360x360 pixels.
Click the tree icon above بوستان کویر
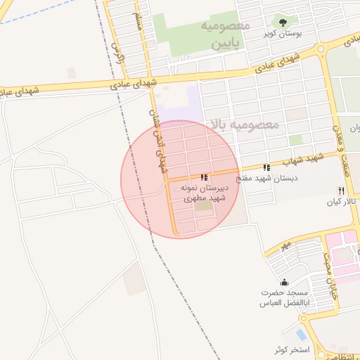pyautogui.click(x=284, y=22)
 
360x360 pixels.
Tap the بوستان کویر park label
pyautogui.click(x=284, y=34)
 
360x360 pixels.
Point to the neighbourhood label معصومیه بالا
pyautogui.click(x=244, y=124)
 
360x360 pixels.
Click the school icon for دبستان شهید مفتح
pyautogui.click(x=266, y=167)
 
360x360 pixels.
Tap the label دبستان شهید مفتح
pyautogui.click(x=266, y=178)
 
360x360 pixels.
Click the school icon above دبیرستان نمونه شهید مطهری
pyautogui.click(x=203, y=178)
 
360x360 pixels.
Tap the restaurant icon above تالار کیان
pyautogui.click(x=340, y=191)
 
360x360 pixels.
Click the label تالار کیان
pyautogui.click(x=340, y=202)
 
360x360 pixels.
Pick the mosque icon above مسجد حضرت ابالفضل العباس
pyautogui.click(x=284, y=282)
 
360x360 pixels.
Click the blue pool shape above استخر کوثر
pyautogui.click(x=301, y=334)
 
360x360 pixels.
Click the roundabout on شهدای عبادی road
pyautogui.click(x=322, y=49)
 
